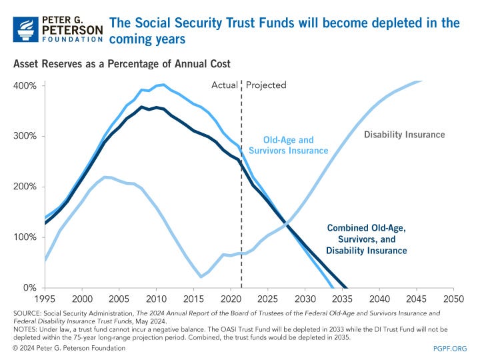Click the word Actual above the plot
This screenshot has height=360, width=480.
[224, 85]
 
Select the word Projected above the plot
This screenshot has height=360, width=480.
[266, 85]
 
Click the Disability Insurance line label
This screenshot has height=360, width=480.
[404, 135]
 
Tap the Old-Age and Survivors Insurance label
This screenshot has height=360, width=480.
[288, 145]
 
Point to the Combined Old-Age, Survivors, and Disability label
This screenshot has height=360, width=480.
[366, 239]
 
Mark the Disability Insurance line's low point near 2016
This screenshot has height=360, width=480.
[201, 277]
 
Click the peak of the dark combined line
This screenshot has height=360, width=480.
[141, 107]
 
